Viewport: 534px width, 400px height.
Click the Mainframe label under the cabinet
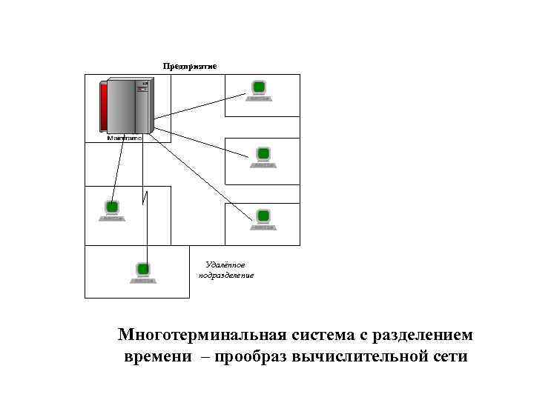pos(125,138)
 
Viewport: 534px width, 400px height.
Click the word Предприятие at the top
pos(190,66)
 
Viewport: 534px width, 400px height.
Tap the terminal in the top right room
pos(259,90)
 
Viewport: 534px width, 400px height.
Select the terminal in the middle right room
pos(263,156)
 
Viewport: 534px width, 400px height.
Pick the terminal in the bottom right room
pos(263,219)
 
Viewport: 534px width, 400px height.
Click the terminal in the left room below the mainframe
pos(113,210)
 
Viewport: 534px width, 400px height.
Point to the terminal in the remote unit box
pos(143,272)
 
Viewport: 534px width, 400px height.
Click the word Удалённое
pos(225,265)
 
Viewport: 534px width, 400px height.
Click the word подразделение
pos(225,276)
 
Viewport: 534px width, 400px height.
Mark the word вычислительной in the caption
pos(360,357)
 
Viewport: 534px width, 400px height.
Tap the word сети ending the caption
pos(449,357)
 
